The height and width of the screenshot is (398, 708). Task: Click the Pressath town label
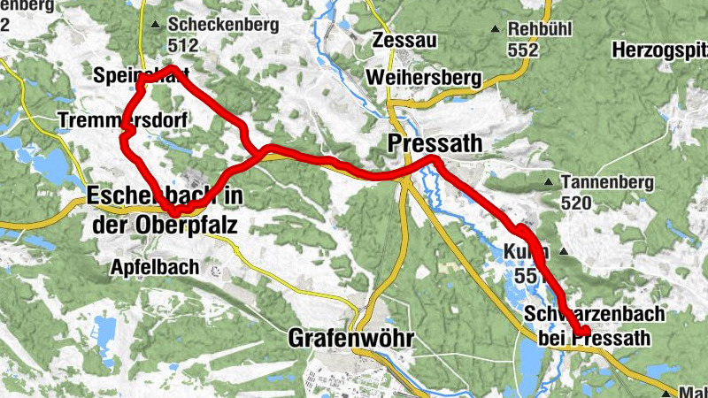[x=435, y=142]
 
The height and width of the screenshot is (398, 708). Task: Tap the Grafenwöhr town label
[x=352, y=338]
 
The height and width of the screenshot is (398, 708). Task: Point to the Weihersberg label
[x=423, y=78]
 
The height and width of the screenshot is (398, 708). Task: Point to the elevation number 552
[x=523, y=50]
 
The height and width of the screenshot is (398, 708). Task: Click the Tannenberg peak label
[x=607, y=182]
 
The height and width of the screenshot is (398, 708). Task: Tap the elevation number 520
[x=576, y=203]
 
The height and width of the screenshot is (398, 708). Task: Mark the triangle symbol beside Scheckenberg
[x=156, y=25]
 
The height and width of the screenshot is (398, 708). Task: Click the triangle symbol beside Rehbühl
[x=497, y=28]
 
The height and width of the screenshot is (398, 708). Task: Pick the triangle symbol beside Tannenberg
[x=550, y=183]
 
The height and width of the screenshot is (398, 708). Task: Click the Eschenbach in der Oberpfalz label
[x=165, y=209]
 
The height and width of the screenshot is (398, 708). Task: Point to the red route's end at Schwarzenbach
[x=583, y=332]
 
